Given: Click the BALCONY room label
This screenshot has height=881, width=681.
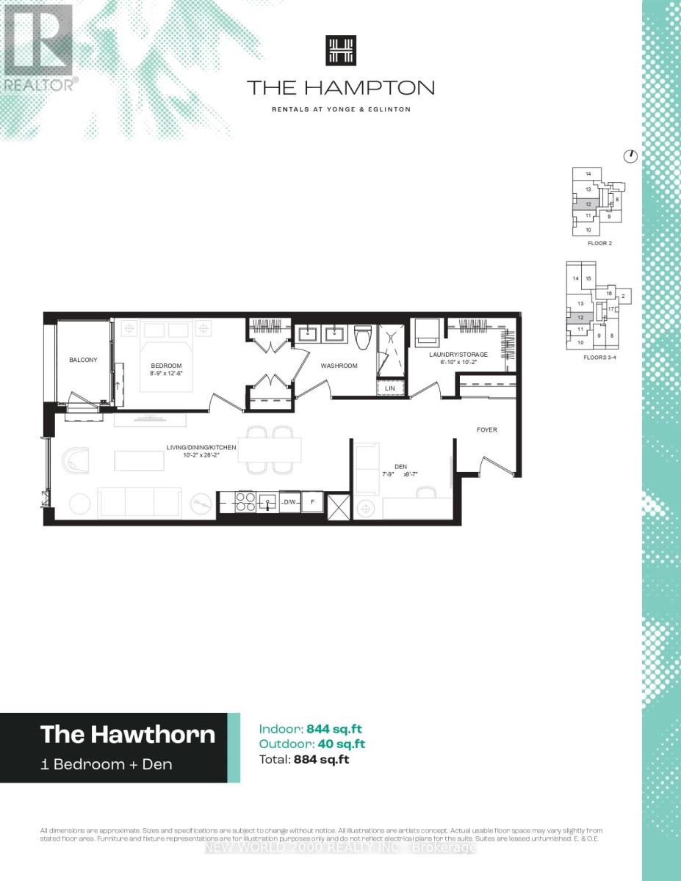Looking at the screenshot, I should pyautogui.click(x=83, y=360).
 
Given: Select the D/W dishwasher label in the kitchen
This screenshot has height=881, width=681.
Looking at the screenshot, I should pyautogui.click(x=289, y=502).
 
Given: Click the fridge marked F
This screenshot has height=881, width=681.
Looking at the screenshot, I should pyautogui.click(x=312, y=502).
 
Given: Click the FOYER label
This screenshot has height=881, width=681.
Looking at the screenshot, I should pyautogui.click(x=487, y=429).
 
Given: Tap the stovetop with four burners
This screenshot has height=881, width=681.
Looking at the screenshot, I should pyautogui.click(x=245, y=502).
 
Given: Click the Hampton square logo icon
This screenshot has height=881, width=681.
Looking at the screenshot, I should pyautogui.click(x=340, y=51).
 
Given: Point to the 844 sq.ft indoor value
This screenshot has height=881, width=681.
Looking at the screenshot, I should pyautogui.click(x=334, y=729).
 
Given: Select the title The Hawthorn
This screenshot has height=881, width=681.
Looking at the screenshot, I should pyautogui.click(x=128, y=734).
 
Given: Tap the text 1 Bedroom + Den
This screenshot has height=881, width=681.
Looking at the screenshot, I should pyautogui.click(x=107, y=764).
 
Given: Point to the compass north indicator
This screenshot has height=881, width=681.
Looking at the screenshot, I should pyautogui.click(x=630, y=156).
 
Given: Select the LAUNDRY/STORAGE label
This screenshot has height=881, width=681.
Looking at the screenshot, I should pyautogui.click(x=458, y=355).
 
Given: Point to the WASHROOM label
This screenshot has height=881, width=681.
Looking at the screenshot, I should pyautogui.click(x=339, y=366).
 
